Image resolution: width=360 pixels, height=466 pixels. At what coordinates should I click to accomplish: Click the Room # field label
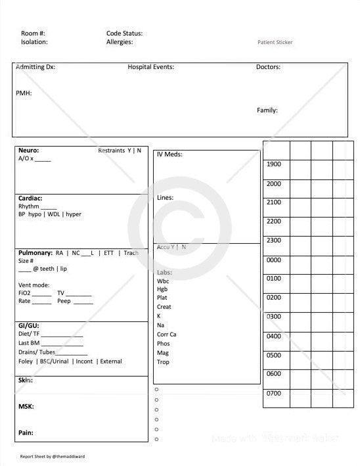coord(33,33)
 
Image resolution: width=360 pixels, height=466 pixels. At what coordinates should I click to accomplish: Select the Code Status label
coord(124,33)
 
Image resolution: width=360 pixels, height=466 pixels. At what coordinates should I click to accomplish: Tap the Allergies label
coord(120,42)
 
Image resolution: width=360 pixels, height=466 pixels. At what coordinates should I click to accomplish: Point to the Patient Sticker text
coord(275,42)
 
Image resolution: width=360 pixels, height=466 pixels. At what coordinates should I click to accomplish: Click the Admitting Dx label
coord(35,67)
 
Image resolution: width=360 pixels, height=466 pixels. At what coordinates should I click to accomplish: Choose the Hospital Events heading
coord(150,67)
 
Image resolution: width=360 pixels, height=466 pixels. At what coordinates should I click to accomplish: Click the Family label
coord(267,110)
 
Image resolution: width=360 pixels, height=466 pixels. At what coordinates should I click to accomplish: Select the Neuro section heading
coord(28,151)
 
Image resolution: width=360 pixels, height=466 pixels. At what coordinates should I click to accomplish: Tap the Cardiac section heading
coord(30,198)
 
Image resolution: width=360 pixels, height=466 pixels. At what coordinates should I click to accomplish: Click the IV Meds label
coord(169,155)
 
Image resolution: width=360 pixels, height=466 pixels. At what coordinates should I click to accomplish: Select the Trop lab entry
coord(163,361)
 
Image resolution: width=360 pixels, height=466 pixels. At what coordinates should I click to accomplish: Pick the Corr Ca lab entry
coord(167,334)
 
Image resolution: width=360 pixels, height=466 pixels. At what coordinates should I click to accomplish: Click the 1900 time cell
coord(274,164)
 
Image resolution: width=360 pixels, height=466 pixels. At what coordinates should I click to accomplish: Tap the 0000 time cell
coord(274,260)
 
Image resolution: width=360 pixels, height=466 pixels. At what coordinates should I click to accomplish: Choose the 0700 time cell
coord(274,394)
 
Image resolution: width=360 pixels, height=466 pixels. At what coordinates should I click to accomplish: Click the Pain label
coord(26,433)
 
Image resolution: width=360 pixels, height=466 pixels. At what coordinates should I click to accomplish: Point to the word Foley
coord(26,361)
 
